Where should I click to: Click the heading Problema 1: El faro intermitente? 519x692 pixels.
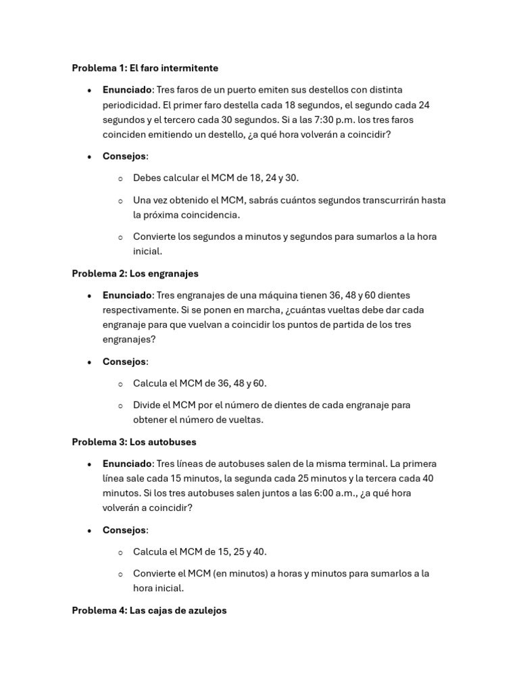click(145, 68)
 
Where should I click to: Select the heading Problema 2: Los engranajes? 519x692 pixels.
click(135, 274)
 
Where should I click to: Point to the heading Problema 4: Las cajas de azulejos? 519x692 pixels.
click(149, 610)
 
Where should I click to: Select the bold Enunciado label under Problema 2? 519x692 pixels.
click(127, 295)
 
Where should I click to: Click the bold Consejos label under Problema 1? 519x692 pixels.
click(124, 156)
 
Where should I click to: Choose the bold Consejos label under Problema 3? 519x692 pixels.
click(124, 530)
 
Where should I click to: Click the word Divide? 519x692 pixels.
click(148, 405)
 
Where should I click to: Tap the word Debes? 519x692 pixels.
click(148, 178)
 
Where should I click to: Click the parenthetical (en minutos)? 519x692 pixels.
click(243, 573)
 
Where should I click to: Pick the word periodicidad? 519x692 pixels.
click(132, 105)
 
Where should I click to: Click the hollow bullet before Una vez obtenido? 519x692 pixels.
click(120, 201)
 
